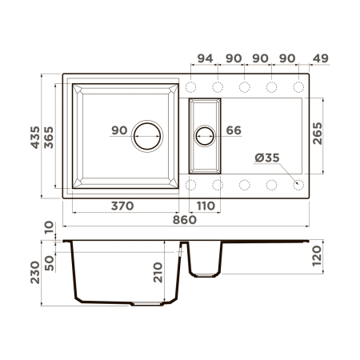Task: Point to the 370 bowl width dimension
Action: coord(122,206)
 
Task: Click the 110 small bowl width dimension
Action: coord(206,206)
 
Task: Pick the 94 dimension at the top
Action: coord(205,58)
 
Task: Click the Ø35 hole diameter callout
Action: coord(267,158)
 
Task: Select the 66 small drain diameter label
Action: coord(234,130)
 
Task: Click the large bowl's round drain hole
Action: coord(147,136)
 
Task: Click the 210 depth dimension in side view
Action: coord(158,276)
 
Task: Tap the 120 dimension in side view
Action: coord(318,256)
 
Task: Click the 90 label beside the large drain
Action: coord(119,130)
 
